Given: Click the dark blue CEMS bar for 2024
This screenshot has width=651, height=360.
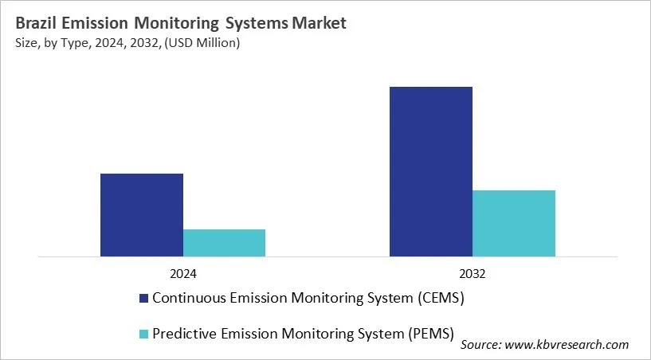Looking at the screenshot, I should [x=142, y=215].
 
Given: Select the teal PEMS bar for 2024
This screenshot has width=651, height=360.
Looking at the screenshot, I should [x=224, y=243].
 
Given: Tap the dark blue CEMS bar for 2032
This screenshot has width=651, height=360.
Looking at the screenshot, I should [x=431, y=171].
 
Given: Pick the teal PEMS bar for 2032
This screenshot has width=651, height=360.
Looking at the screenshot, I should [x=514, y=223].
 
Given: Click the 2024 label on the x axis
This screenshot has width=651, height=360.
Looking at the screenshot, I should [x=183, y=273].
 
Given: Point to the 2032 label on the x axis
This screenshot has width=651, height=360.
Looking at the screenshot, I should [x=473, y=273].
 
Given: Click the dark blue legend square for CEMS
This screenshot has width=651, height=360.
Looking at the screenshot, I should [x=143, y=299].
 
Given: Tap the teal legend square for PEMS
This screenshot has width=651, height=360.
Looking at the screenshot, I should [x=143, y=334].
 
